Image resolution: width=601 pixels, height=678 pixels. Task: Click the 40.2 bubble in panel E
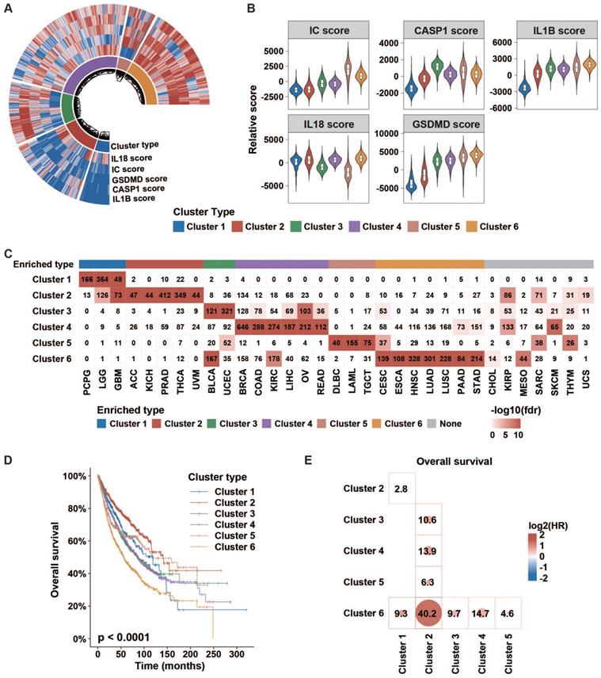click(431, 611)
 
